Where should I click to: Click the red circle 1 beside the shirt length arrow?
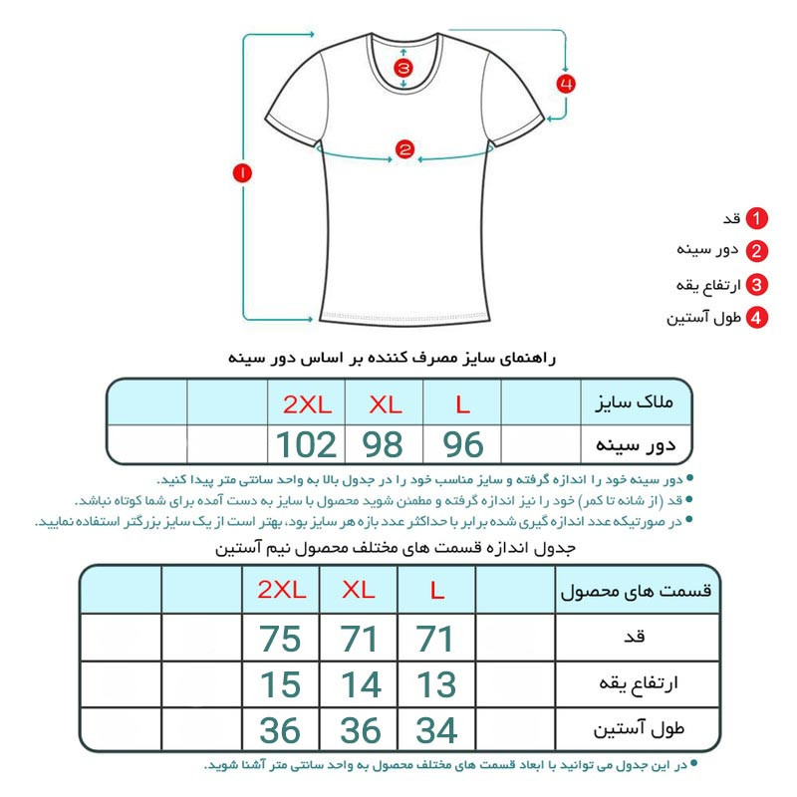pyautogui.click(x=243, y=172)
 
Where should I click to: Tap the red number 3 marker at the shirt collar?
pyautogui.click(x=402, y=69)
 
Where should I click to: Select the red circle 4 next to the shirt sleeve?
pyautogui.click(x=565, y=84)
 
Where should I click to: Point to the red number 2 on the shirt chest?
pyautogui.click(x=404, y=150)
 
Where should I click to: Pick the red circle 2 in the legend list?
pyautogui.click(x=757, y=252)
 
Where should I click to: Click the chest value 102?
pyautogui.click(x=306, y=444)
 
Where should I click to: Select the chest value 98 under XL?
pyautogui.click(x=384, y=444)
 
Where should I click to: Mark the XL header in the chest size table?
pyautogui.click(x=384, y=404)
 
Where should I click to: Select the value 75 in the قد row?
pyautogui.click(x=280, y=639)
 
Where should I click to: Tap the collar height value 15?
pyautogui.click(x=280, y=684)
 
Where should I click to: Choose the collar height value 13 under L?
pyautogui.click(x=436, y=684)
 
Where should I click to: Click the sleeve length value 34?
pyautogui.click(x=436, y=731)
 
